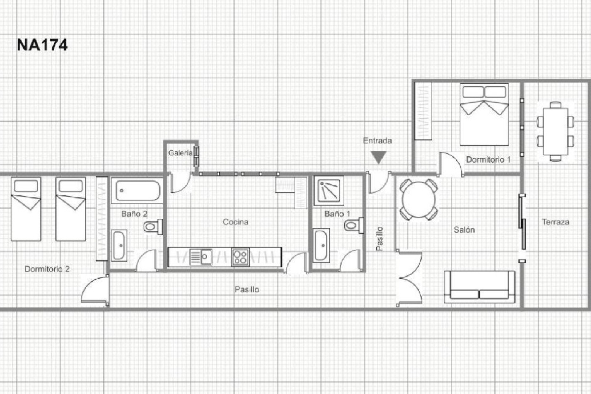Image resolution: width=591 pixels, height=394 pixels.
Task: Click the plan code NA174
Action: pyautogui.click(x=42, y=45)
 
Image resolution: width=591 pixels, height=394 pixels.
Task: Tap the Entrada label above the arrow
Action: pyautogui.click(x=377, y=141)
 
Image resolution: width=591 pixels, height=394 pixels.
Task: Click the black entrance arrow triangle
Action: pyautogui.click(x=378, y=157)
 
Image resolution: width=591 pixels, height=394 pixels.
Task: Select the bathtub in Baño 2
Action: pyautogui.click(x=138, y=191)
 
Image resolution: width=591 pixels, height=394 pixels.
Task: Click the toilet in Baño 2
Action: pyautogui.click(x=153, y=227)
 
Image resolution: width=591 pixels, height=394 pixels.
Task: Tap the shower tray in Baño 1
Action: pyautogui.click(x=329, y=191)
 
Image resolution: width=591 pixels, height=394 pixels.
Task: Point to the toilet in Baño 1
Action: pyautogui.click(x=353, y=225)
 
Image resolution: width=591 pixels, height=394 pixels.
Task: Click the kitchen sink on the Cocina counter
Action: pyautogui.click(x=201, y=257)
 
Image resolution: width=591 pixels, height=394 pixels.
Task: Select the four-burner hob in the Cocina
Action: pyautogui.click(x=240, y=257)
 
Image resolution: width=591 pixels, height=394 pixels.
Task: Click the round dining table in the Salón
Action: pyautogui.click(x=419, y=199)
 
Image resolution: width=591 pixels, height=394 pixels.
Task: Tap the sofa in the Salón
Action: pyautogui.click(x=479, y=287)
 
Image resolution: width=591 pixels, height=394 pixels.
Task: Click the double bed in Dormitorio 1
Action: pyautogui.click(x=484, y=115)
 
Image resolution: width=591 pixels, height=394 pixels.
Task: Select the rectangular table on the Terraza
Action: pyautogui.click(x=555, y=131)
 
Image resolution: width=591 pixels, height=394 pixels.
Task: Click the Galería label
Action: pyautogui.click(x=180, y=153)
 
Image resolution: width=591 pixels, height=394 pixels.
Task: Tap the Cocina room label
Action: pyautogui.click(x=235, y=222)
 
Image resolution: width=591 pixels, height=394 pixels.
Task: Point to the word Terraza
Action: pyautogui.click(x=555, y=222)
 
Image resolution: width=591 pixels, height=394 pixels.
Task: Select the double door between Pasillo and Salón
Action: pyautogui.click(x=409, y=279)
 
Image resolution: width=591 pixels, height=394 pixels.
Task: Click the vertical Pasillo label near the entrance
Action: pyautogui.click(x=380, y=239)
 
